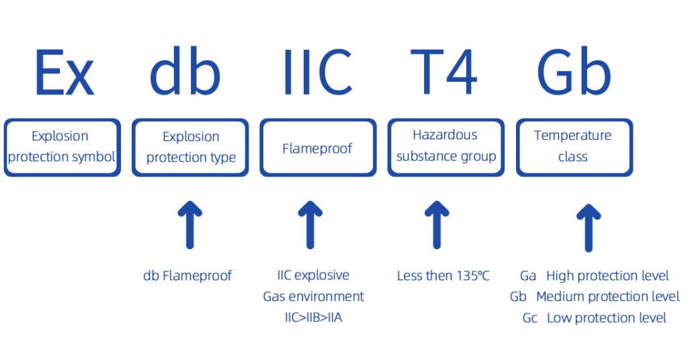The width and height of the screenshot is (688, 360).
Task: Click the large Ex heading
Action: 64,73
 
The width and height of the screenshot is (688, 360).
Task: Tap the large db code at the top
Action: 185,71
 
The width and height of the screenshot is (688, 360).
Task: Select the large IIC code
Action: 318,72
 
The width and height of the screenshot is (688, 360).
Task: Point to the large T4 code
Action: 443,72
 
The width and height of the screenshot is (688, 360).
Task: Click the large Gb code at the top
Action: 574,71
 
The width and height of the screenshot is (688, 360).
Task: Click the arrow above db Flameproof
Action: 190,225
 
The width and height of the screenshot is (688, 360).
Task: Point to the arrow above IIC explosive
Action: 310,225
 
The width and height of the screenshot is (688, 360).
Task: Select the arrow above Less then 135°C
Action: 437,225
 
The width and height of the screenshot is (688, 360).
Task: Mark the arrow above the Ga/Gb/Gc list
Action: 589,228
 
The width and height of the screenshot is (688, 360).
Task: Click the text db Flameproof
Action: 187,276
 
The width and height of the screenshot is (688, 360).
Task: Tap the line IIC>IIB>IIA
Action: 313,318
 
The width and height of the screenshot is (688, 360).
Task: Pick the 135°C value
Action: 472,276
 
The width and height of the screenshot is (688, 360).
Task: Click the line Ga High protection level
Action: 594,276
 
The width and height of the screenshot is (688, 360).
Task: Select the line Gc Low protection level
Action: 594,318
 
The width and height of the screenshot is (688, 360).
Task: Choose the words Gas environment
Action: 313,297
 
